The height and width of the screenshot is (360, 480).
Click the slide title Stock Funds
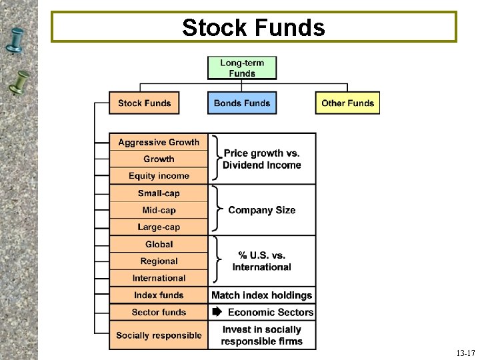(253, 27)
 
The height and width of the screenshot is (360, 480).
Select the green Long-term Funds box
(242, 68)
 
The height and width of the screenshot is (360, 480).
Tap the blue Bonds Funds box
(242, 103)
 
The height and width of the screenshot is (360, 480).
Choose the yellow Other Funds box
(347, 103)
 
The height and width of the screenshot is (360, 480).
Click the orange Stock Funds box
(145, 103)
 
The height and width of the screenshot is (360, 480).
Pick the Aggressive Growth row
(159, 142)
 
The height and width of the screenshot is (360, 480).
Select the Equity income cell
(159, 176)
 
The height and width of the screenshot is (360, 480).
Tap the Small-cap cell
(159, 193)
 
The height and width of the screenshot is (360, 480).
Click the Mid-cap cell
(159, 210)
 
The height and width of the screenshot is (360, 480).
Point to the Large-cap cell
(159, 227)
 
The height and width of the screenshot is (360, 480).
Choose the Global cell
(159, 245)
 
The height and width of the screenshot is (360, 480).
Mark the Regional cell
(159, 261)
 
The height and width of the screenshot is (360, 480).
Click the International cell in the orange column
(159, 278)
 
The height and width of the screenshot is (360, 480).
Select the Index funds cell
(159, 295)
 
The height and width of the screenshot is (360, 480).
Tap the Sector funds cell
(159, 312)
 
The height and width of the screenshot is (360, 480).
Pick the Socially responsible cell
(159, 335)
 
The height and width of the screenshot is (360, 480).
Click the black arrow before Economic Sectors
(217, 312)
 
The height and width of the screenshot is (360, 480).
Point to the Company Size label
(261, 210)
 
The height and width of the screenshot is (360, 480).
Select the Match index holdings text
(261, 295)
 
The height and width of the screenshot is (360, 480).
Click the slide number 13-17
(465, 353)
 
